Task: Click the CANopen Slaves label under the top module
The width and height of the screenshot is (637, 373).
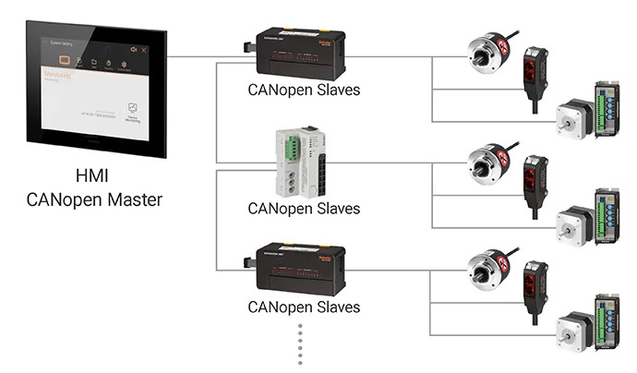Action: pos(304,91)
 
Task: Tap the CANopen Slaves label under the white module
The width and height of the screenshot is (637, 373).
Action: pos(304,208)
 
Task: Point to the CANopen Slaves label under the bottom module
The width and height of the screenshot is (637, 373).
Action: pos(304,307)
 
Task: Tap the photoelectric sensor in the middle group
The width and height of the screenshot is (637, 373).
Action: pos(535,184)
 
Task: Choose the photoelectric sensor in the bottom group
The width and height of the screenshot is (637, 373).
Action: pos(535,290)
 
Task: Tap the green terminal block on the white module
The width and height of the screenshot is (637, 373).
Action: pos(290,147)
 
